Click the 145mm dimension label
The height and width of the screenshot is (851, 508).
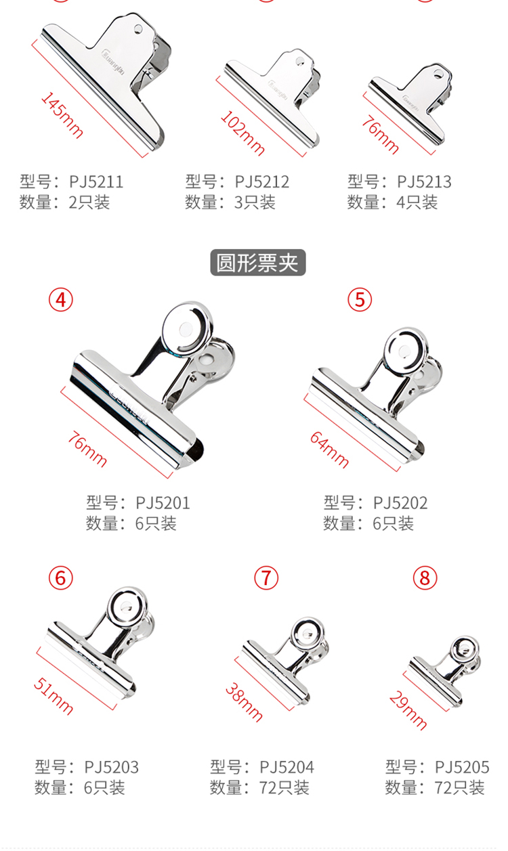pyautogui.click(x=62, y=115)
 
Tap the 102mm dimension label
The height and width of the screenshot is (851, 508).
pyautogui.click(x=242, y=133)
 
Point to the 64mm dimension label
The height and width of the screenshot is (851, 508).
pyautogui.click(x=329, y=450)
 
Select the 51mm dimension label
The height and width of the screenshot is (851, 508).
pyautogui.click(x=54, y=697)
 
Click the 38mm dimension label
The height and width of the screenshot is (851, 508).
pyautogui.click(x=244, y=702)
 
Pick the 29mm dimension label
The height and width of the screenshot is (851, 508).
pyautogui.click(x=408, y=710)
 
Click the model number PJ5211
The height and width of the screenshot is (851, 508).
pyautogui.click(x=96, y=182)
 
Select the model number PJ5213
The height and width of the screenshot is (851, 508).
pyautogui.click(x=424, y=182)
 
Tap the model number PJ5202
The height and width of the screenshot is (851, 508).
pyautogui.click(x=400, y=503)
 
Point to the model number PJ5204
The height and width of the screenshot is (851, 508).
pyautogui.click(x=287, y=767)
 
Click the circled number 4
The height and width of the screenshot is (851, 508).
pyautogui.click(x=61, y=300)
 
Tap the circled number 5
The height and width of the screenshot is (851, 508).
pyautogui.click(x=360, y=300)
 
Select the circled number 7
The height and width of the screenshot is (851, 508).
pyautogui.click(x=266, y=578)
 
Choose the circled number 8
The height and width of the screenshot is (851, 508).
pyautogui.click(x=425, y=578)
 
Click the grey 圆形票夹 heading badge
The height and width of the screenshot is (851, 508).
pyautogui.click(x=258, y=263)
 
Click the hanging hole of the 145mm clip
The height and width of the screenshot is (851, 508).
pyautogui.click(x=138, y=29)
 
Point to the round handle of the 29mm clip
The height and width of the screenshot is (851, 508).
pyautogui.click(x=465, y=649)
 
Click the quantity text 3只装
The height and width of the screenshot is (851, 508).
pyautogui.click(x=255, y=202)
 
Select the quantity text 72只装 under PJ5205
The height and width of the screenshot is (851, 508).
pyautogui.click(x=459, y=787)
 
